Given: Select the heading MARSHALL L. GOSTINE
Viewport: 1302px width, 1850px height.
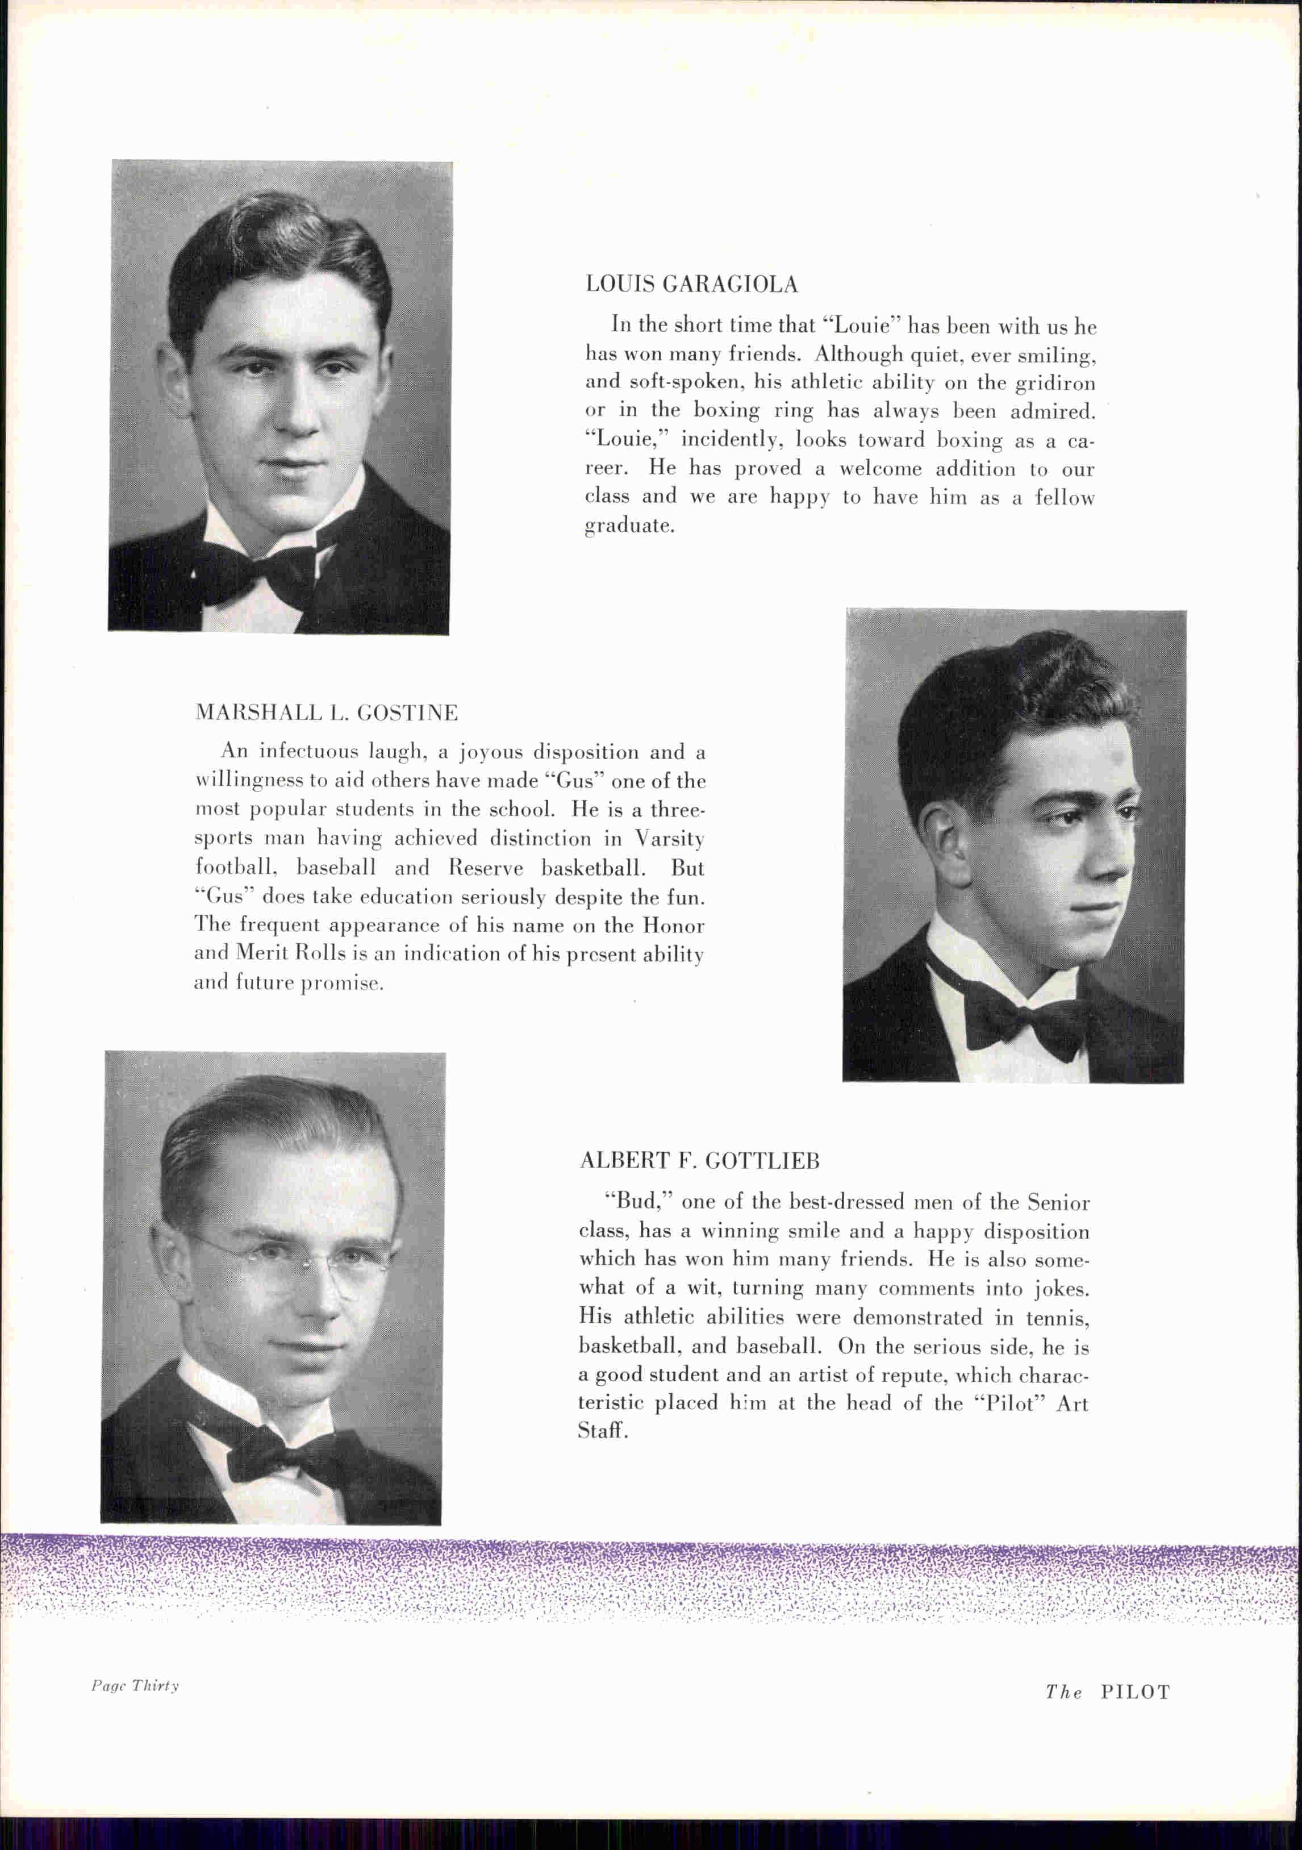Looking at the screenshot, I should tap(326, 713).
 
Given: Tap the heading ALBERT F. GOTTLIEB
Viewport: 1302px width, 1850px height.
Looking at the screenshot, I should tap(699, 1161).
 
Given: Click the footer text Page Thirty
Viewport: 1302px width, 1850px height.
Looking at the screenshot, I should tap(135, 1686).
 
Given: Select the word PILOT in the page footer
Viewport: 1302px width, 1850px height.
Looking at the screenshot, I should tap(1134, 1692).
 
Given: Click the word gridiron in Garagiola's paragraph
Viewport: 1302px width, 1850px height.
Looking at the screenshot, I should tap(1055, 384).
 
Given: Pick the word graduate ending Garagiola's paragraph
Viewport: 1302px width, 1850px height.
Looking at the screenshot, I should tap(628, 526).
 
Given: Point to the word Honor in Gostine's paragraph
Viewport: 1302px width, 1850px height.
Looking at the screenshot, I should tap(674, 925).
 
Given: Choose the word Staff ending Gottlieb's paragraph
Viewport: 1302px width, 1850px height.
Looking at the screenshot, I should tap(601, 1431).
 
